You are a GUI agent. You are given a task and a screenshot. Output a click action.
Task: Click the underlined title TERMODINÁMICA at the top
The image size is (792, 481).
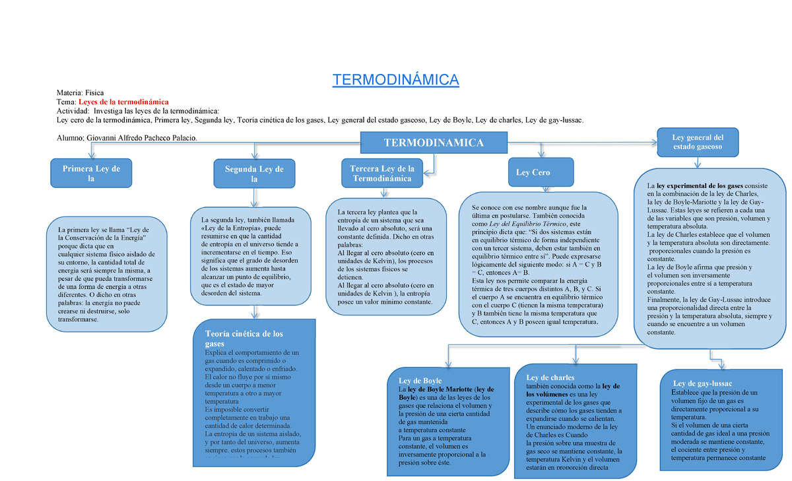click(395, 80)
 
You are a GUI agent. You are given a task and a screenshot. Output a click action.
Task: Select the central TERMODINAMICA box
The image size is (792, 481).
click(434, 143)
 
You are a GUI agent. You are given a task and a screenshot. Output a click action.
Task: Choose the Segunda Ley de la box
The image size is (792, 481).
click(254, 174)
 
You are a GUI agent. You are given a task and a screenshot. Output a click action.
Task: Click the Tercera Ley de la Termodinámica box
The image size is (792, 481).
click(382, 173)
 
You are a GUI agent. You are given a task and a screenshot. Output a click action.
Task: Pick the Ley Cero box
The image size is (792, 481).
click(533, 172)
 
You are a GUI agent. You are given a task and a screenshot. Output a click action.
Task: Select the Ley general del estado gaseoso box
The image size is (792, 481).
click(697, 141)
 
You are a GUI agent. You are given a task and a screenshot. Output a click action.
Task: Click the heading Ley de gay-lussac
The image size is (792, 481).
click(703, 383)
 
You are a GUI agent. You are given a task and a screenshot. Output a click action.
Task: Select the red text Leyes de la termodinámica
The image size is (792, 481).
click(123, 102)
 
